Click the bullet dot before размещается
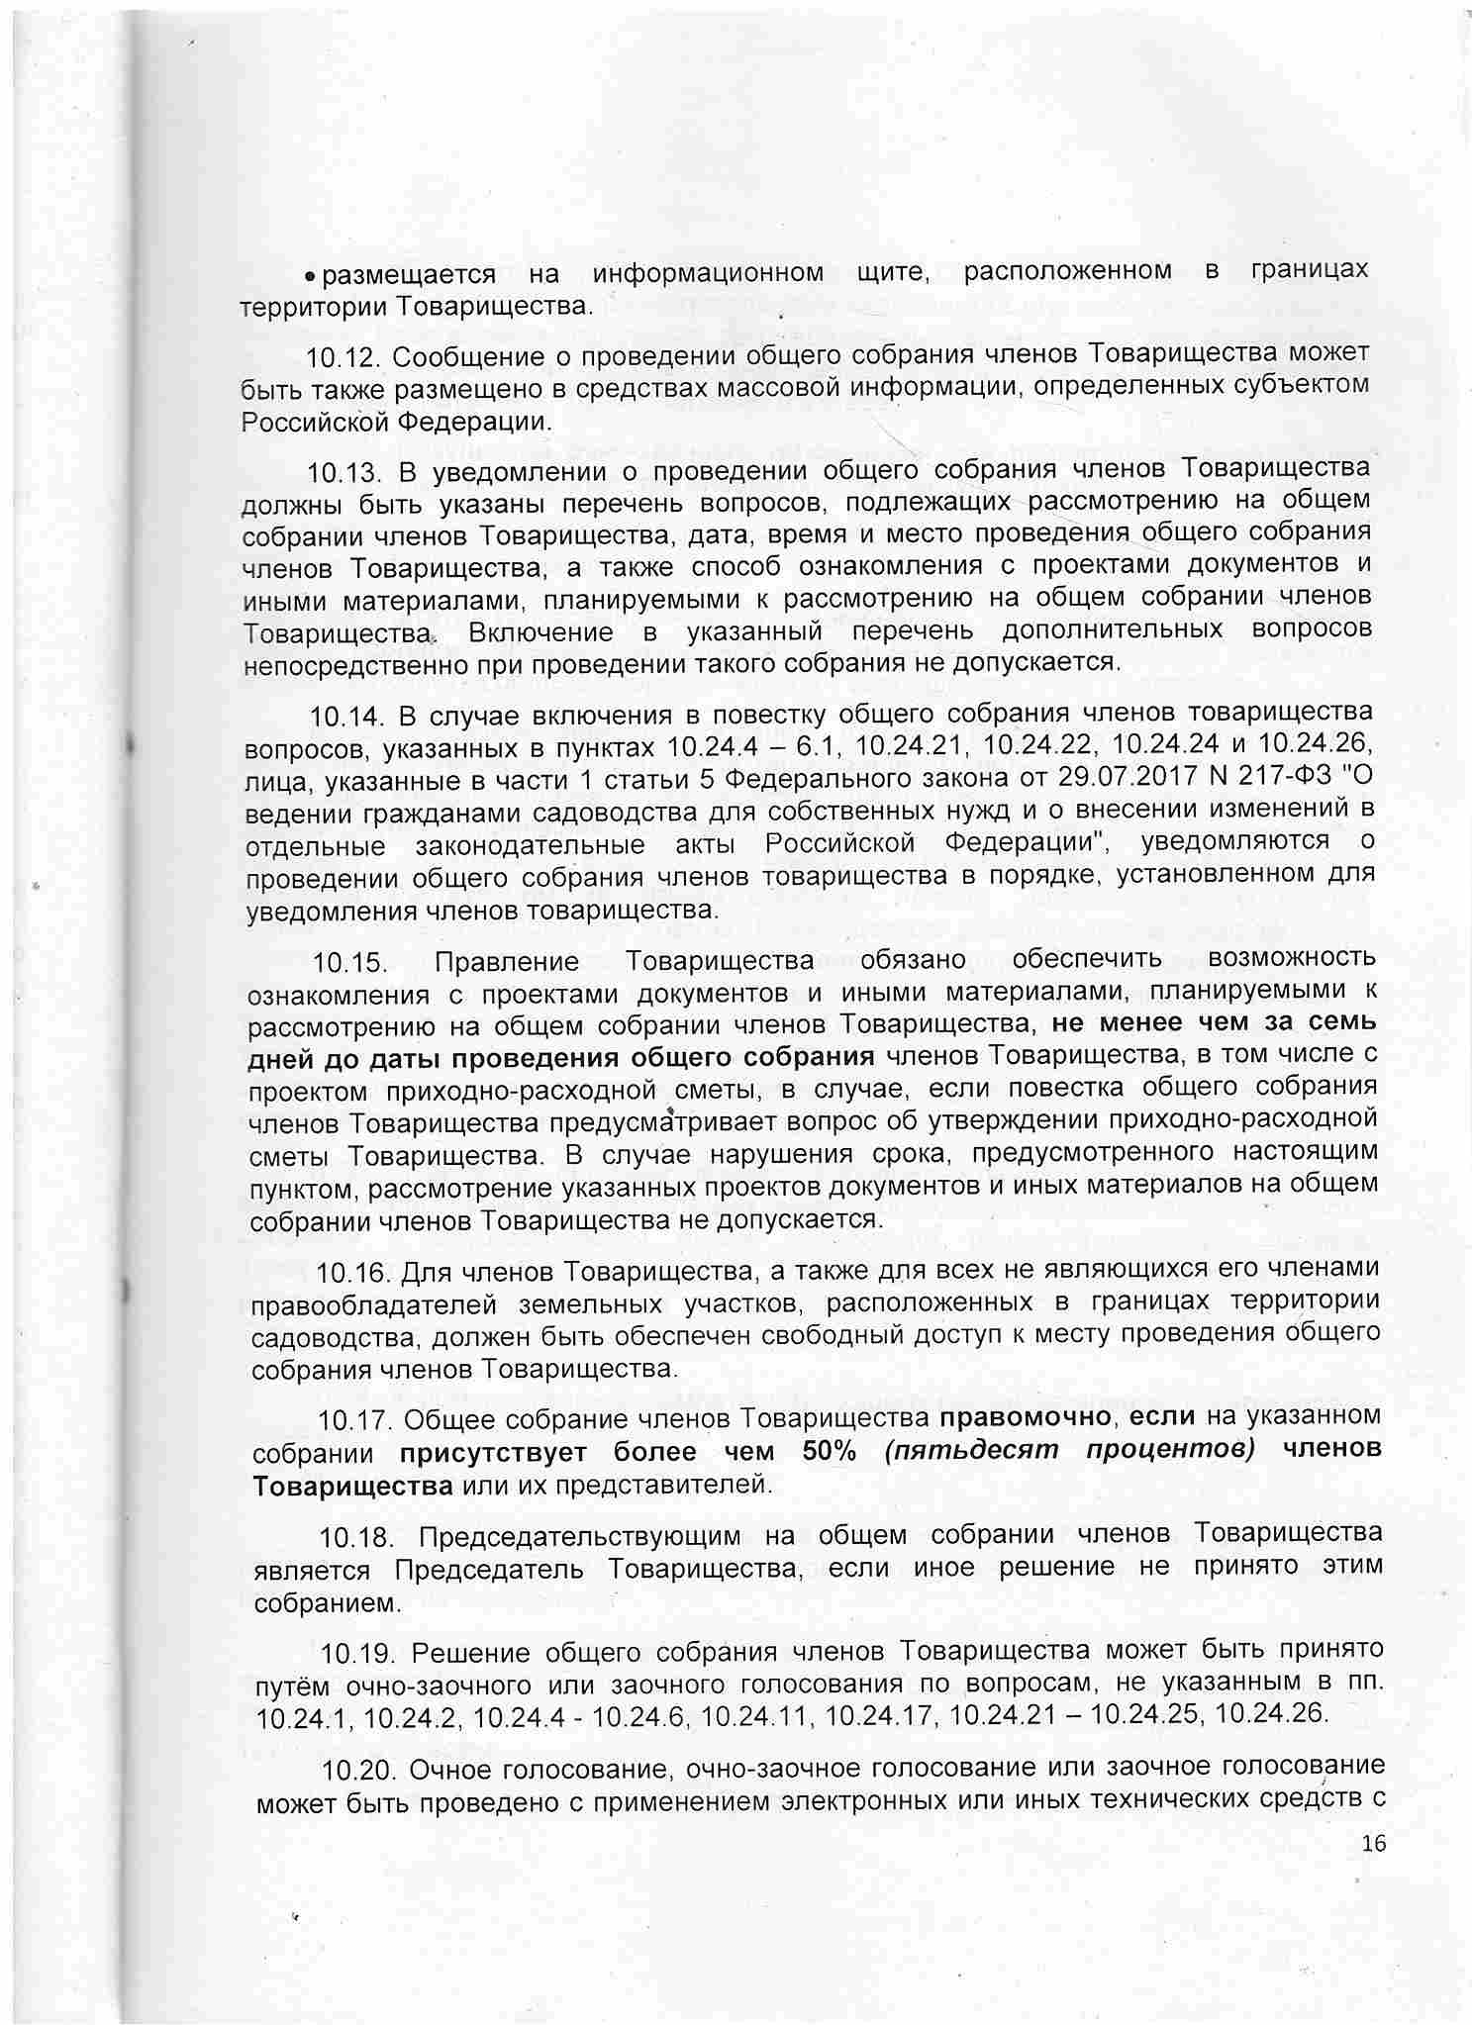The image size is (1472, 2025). pos(311,274)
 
